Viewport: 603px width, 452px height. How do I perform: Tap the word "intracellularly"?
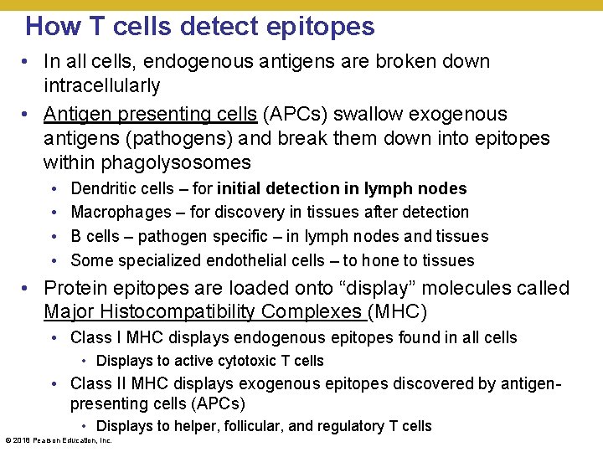101,85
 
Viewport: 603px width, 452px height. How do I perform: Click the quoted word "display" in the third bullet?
363,289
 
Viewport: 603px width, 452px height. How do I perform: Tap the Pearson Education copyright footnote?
59,440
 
